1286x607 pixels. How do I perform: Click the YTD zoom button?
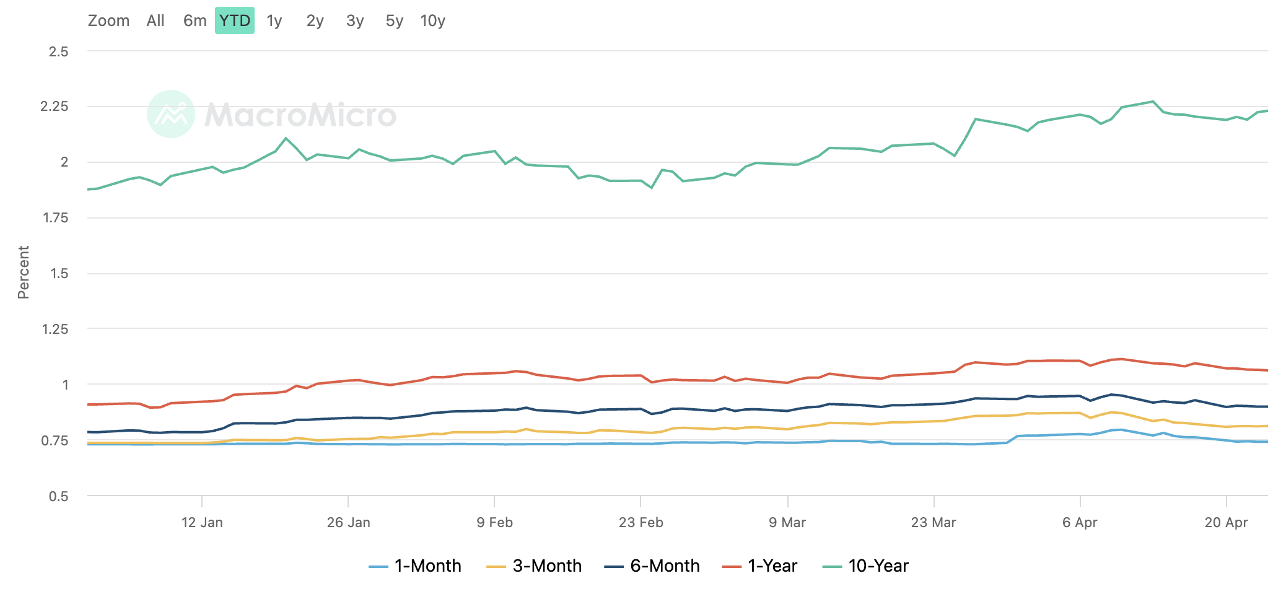coord(235,20)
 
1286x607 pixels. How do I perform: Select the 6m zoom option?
coord(195,20)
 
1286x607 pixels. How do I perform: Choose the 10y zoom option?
coord(432,20)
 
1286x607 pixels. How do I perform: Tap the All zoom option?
coord(155,20)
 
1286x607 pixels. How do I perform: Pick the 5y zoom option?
coord(394,20)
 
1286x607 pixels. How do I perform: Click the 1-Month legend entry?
coord(415,566)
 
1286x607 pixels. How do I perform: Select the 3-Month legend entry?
coord(534,566)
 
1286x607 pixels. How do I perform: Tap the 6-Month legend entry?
coord(652,566)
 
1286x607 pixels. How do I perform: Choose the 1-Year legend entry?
coord(760,566)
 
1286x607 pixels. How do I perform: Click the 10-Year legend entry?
coord(865,566)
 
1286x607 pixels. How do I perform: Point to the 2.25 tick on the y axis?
coord(55,107)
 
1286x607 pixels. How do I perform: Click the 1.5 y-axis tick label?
coord(59,274)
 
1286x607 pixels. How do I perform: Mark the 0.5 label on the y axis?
coord(59,496)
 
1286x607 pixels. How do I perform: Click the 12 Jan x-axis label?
coord(202,522)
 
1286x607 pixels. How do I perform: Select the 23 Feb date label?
coord(641,522)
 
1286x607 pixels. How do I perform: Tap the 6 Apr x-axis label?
coord(1080,522)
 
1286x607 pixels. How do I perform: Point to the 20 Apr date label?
coord(1226,522)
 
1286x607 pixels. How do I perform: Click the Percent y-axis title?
coord(24,273)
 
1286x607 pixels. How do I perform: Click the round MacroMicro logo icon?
coord(171,114)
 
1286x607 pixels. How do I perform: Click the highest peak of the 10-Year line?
coord(1152,102)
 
